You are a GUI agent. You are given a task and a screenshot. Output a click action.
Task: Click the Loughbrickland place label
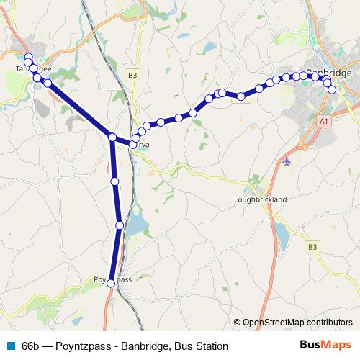(260, 199)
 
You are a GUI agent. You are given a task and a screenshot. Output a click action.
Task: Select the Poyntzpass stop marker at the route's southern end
(111, 284)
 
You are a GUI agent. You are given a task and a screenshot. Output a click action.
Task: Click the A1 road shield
(324, 122)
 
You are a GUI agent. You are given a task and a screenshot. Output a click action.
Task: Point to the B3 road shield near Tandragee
(132, 74)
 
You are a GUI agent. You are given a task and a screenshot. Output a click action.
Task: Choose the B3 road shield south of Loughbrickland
(312, 247)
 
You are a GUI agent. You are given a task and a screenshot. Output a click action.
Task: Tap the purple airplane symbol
(288, 160)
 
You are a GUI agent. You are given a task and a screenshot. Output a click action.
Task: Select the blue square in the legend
(11, 346)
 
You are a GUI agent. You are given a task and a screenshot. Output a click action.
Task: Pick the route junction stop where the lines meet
(112, 137)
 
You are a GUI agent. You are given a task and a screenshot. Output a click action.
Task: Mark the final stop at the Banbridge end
(332, 89)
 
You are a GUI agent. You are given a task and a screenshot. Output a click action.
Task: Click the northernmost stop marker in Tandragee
(28, 57)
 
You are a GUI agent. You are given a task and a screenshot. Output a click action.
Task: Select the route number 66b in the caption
(32, 346)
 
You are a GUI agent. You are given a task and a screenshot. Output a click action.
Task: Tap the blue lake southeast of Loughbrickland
(280, 231)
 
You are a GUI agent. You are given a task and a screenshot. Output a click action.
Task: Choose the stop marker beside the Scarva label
(132, 145)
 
